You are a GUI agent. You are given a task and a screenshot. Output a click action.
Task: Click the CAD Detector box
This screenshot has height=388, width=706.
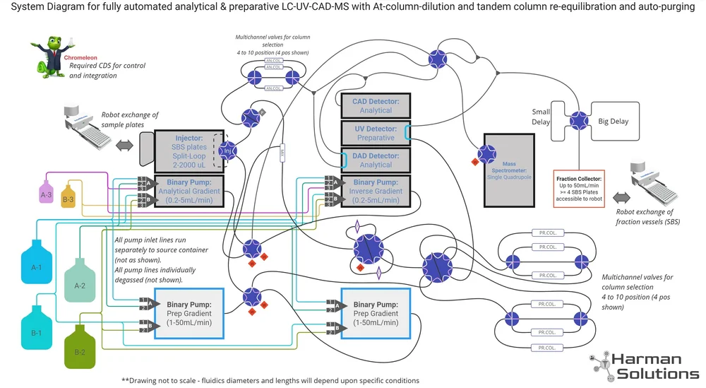click(x=376, y=106)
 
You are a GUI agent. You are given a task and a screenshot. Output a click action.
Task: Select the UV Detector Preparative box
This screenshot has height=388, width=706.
click(x=376, y=133)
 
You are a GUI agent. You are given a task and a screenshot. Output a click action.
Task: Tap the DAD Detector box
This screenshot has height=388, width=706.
click(x=376, y=160)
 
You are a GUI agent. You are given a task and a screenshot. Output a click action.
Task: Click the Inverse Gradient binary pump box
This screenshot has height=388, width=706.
click(x=376, y=191)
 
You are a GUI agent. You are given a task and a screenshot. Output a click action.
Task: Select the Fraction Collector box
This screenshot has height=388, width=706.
click(x=579, y=188)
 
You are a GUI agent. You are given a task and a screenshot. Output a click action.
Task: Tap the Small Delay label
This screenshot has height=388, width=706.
click(x=540, y=117)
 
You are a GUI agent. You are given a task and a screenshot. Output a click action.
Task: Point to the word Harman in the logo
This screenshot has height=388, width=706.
click(x=646, y=360)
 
